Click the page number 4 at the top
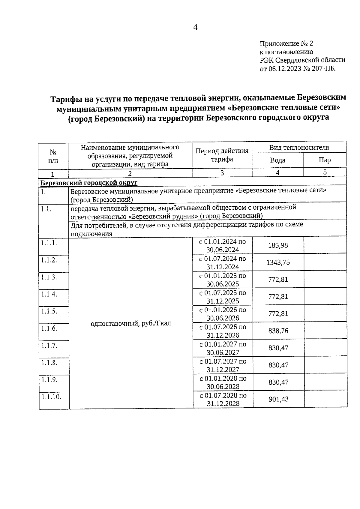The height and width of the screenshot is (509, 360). (195, 28)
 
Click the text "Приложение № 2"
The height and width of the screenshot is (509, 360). (286, 44)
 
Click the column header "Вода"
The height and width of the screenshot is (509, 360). (277, 160)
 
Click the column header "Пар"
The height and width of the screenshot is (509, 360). (325, 160)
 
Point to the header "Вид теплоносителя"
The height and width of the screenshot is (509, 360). (299, 148)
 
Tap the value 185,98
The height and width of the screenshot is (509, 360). (278, 245)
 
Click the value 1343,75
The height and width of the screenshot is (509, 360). (278, 262)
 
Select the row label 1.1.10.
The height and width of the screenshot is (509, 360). (51, 397)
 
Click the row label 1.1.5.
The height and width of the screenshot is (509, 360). (49, 311)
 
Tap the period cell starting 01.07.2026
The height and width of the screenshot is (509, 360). (223, 331)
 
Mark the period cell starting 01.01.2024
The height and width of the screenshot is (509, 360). (222, 245)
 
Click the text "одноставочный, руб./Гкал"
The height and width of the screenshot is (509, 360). (131, 324)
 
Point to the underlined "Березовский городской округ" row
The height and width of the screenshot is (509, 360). (89, 183)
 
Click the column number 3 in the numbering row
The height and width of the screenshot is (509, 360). (222, 173)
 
